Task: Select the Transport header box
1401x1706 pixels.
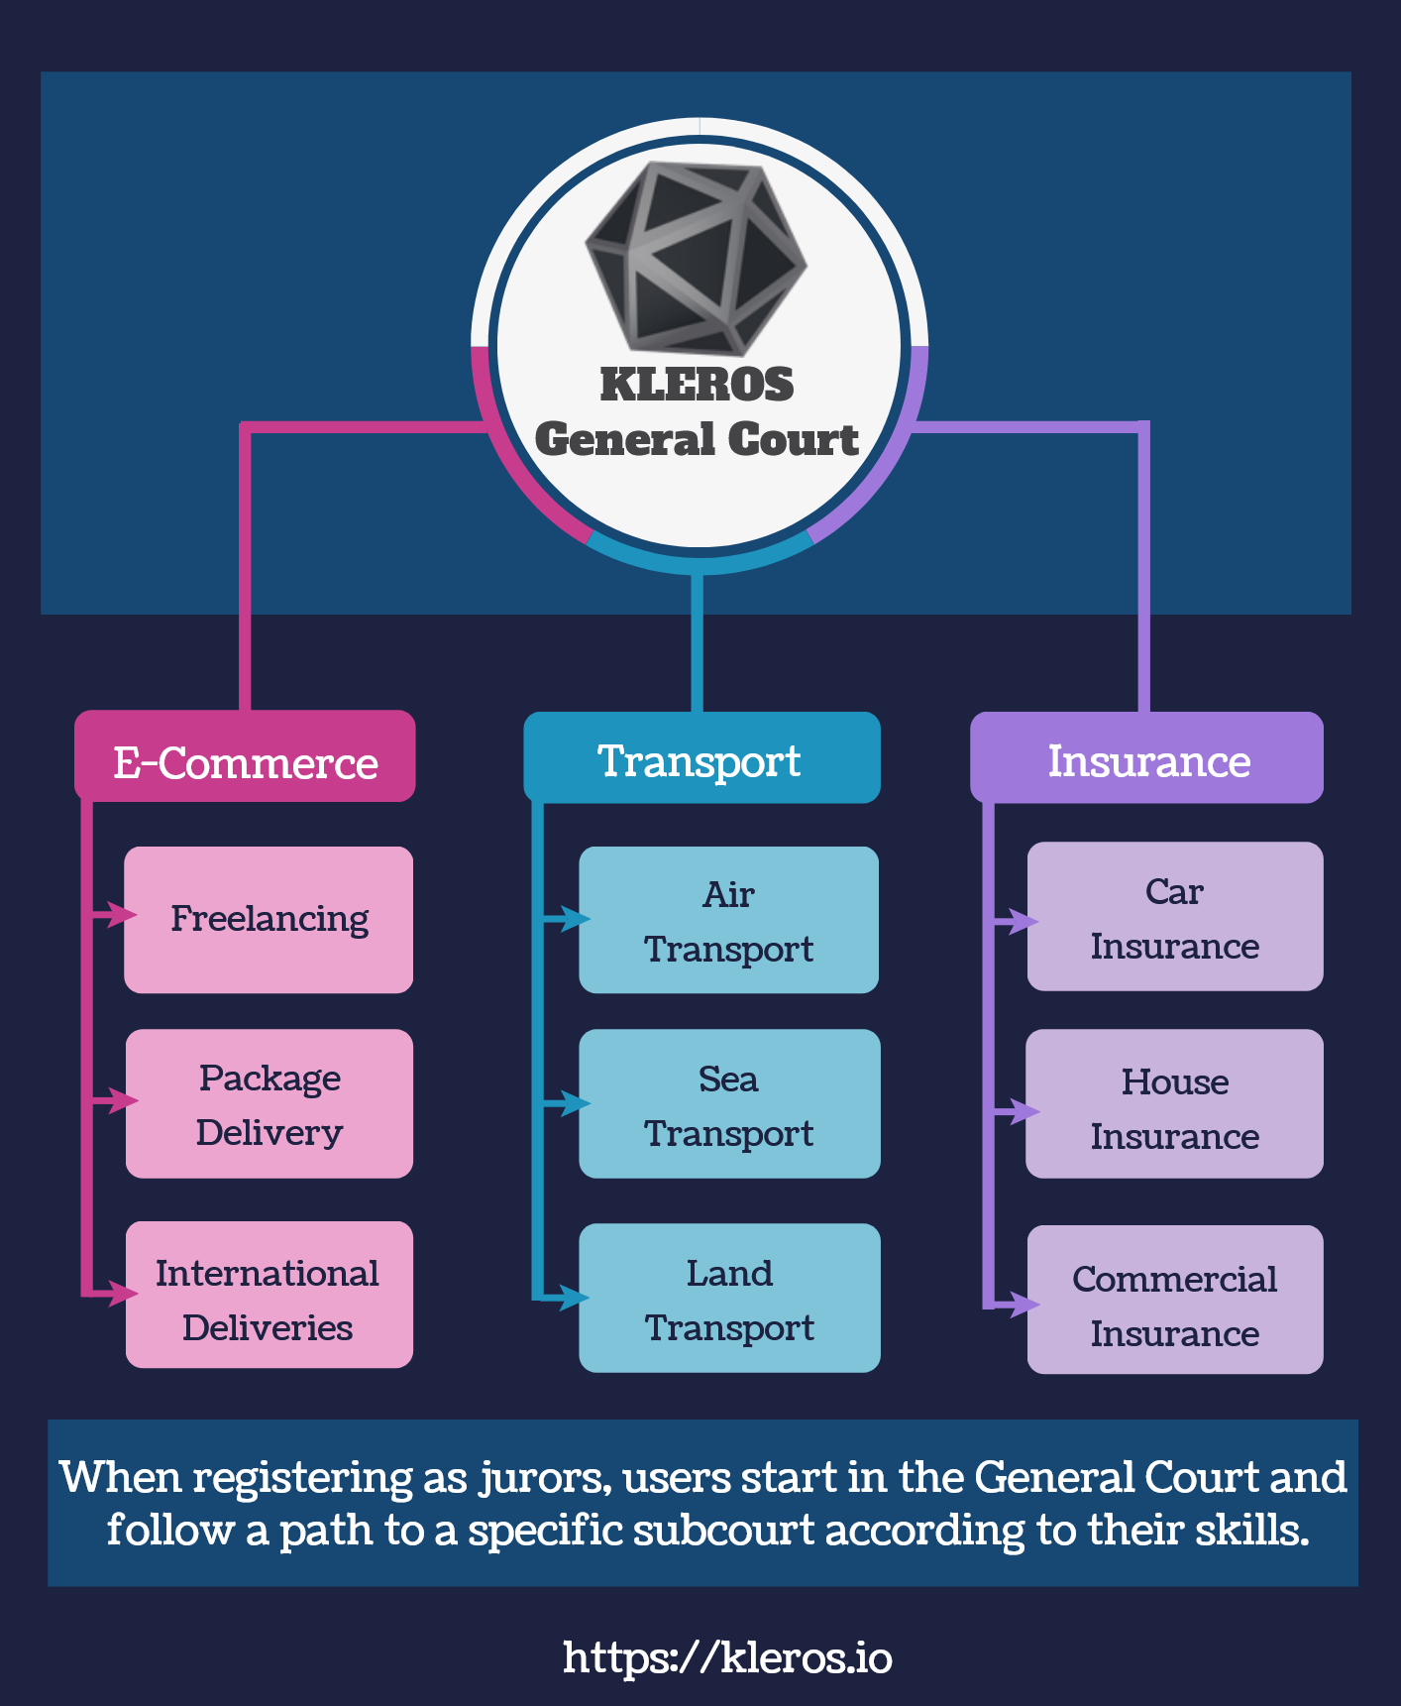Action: pyautogui.click(x=700, y=759)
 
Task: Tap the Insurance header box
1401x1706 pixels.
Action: pyautogui.click(x=1147, y=759)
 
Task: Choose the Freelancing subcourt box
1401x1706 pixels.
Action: pyautogui.click(x=269, y=920)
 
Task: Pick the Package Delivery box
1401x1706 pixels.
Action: pyautogui.click(x=269, y=1104)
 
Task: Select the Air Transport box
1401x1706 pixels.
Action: pyautogui.click(x=729, y=920)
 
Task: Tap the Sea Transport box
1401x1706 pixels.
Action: pyautogui.click(x=729, y=1104)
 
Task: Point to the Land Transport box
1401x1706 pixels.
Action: pyautogui.click(x=729, y=1299)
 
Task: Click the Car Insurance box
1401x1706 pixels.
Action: pyautogui.click(x=1175, y=918)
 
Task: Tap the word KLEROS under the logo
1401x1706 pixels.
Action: pyautogui.click(x=697, y=385)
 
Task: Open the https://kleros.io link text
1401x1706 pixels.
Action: pyautogui.click(x=727, y=1656)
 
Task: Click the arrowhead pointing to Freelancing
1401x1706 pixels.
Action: pyautogui.click(x=123, y=914)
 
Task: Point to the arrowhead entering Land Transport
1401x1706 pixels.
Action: pyautogui.click(x=575, y=1298)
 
